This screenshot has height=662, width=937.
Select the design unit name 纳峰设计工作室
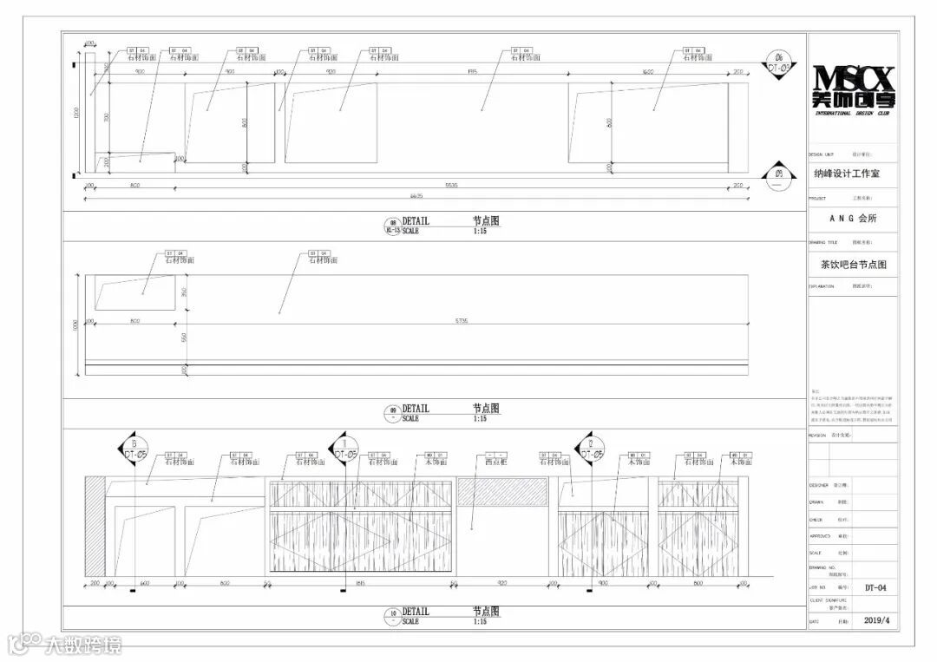(x=846, y=174)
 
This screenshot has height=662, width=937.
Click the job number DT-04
(x=875, y=587)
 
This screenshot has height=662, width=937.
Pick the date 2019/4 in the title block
(x=877, y=621)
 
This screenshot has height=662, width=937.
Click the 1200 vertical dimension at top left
(x=76, y=113)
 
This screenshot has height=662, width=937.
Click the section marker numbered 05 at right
(x=778, y=177)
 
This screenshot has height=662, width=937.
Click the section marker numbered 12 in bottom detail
(x=589, y=448)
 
